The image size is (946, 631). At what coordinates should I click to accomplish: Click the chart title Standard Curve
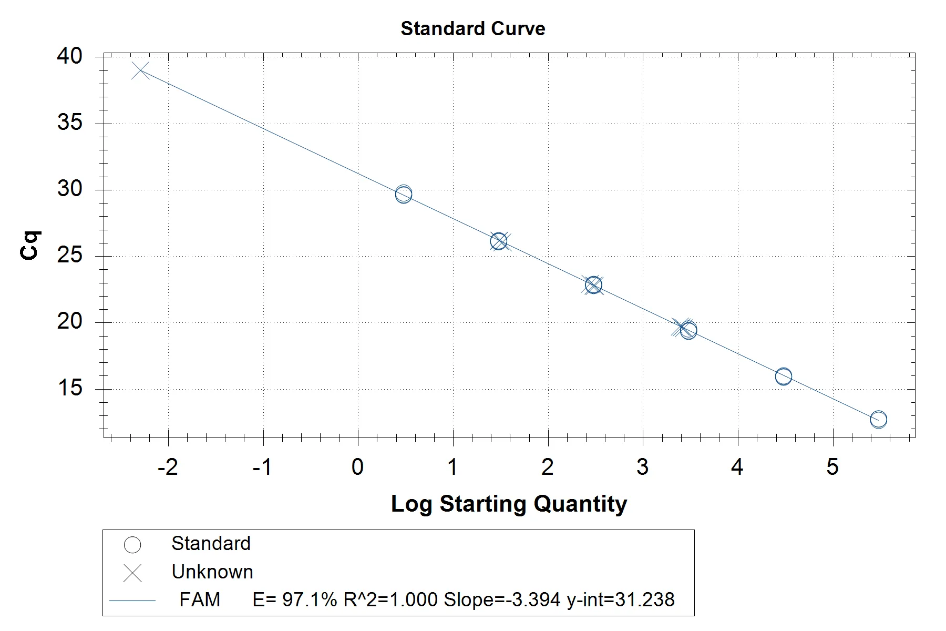tap(472, 28)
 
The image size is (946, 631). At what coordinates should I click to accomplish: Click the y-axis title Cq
tap(30, 245)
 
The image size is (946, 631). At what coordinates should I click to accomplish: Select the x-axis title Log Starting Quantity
tap(509, 504)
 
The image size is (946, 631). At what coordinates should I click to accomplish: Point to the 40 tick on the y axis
tap(69, 56)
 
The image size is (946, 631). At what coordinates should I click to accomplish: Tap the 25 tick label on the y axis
tap(69, 256)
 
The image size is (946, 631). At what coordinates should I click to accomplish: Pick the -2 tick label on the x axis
tap(168, 467)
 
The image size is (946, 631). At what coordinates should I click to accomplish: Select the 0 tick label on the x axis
tap(357, 467)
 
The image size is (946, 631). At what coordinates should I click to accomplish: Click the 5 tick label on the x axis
tap(832, 467)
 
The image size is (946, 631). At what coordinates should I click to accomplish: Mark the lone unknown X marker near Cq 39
tap(141, 70)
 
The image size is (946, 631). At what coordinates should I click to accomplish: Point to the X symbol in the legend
tap(132, 573)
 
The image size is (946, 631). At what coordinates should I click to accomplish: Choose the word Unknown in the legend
tap(212, 572)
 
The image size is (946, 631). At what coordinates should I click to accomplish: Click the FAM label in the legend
tap(200, 599)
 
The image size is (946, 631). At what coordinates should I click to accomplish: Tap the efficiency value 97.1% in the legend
tap(310, 599)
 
